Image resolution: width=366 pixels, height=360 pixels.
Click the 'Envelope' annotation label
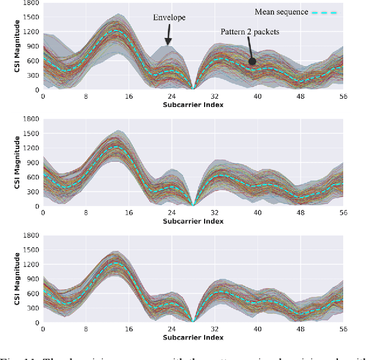coord(170,18)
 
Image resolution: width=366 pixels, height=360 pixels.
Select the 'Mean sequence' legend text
coord(281,12)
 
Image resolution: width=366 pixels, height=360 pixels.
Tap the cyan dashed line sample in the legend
coord(326,12)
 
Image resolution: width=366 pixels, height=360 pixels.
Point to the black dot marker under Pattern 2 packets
coord(253,61)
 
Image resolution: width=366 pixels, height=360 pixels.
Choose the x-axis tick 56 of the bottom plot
coord(343,330)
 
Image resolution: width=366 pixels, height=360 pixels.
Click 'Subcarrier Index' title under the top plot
coord(192,105)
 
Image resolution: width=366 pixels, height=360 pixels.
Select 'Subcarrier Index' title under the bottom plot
coord(192,338)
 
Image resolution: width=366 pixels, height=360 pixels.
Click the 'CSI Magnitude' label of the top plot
coord(7,46)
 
